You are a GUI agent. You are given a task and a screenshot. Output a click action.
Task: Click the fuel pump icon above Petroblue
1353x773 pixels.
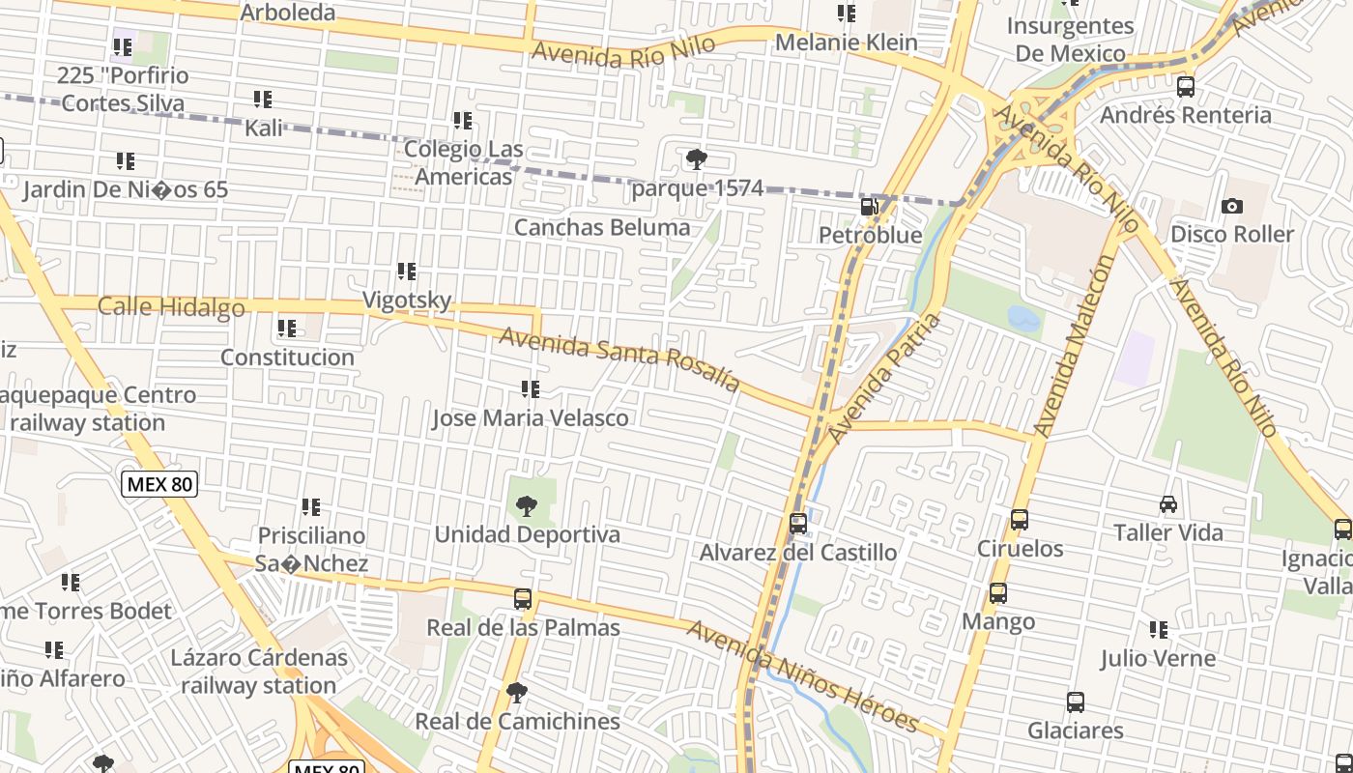pos(870,206)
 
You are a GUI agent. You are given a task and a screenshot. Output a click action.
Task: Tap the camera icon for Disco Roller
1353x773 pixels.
pos(1231,206)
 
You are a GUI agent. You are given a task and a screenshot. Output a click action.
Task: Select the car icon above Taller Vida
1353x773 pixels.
pos(1167,504)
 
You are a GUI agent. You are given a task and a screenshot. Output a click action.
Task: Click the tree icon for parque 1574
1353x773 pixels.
pos(695,159)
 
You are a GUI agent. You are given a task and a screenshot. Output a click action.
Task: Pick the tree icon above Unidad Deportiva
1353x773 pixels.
pos(526,505)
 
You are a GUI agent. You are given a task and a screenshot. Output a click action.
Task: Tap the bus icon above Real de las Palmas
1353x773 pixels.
pos(523,599)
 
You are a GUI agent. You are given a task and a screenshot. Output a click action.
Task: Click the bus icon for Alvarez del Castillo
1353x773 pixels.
pos(797,524)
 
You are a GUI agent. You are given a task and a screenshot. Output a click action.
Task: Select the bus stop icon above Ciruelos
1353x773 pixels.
pos(1019,520)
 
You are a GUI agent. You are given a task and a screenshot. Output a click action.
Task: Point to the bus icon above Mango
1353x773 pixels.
pos(997,593)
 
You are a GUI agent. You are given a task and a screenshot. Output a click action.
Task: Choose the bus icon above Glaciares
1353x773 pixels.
pos(1075,702)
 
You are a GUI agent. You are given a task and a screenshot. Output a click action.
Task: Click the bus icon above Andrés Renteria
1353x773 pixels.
pos(1185,87)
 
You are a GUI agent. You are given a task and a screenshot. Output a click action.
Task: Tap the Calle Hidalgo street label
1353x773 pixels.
pos(171,307)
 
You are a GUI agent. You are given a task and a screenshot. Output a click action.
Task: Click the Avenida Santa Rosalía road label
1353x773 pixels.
pos(619,360)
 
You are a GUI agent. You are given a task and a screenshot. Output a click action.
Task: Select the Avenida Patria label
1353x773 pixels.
pos(884,378)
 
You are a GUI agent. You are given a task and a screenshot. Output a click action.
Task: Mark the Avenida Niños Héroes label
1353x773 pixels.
pos(801,677)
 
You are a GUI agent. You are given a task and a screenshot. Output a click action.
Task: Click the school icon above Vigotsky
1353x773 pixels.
pos(407,272)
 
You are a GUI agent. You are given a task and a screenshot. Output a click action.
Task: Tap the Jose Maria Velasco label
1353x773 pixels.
pos(530,418)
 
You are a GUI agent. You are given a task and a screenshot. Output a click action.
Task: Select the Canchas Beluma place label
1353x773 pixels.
pos(602,228)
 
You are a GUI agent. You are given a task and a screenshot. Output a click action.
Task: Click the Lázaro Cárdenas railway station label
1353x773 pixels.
pos(258,672)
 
